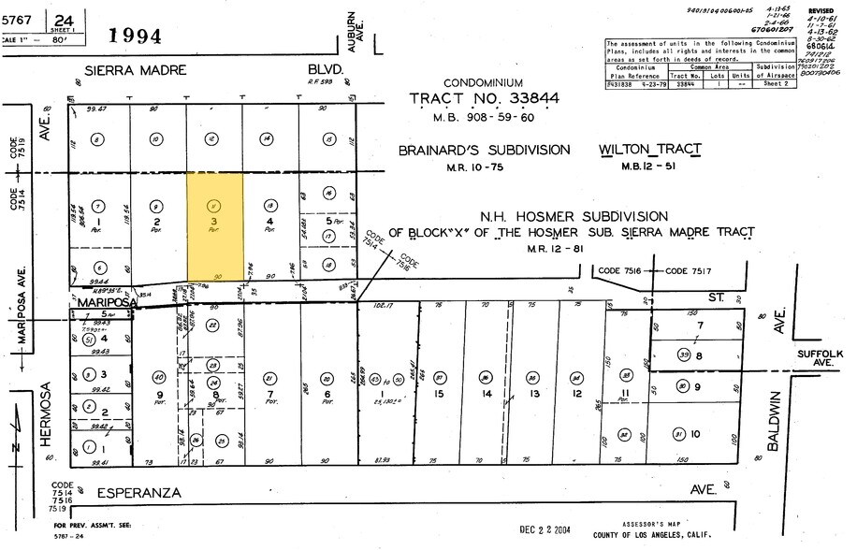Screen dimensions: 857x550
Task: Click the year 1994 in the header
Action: (x=135, y=36)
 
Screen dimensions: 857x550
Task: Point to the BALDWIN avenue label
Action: (x=775, y=421)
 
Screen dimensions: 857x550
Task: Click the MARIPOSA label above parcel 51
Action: (x=105, y=303)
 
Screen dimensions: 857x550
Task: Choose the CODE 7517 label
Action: (x=692, y=271)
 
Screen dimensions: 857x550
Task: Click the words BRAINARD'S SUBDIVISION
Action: (x=484, y=150)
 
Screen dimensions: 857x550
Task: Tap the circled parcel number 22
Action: (x=213, y=325)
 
